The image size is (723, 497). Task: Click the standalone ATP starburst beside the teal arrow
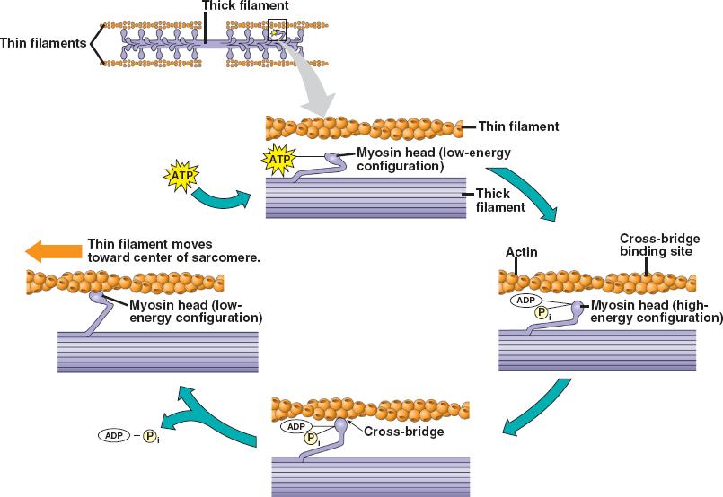(x=179, y=174)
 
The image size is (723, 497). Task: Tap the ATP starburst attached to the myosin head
(x=277, y=159)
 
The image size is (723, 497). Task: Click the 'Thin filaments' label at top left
(x=43, y=42)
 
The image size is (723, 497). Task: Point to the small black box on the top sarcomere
(x=277, y=31)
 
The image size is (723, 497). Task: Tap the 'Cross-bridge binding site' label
(x=656, y=245)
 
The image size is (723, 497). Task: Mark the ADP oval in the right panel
(x=527, y=301)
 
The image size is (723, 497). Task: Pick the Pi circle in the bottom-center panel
(x=311, y=439)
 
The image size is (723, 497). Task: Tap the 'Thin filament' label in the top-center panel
(x=518, y=126)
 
